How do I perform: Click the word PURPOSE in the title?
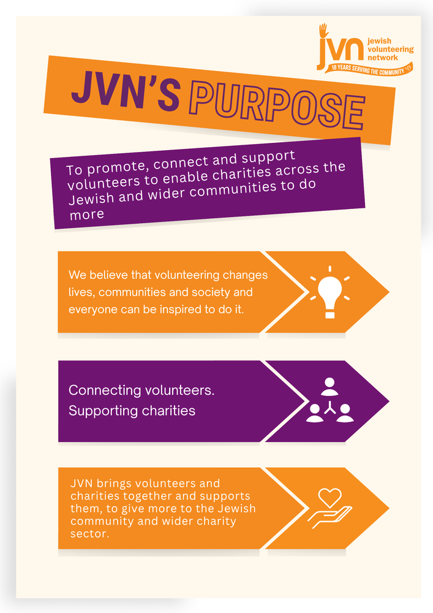pyautogui.click(x=277, y=104)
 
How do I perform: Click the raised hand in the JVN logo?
pyautogui.click(x=323, y=30)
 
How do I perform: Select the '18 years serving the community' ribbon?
pyautogui.click(x=369, y=69)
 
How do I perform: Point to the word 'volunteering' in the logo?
pyautogui.click(x=391, y=50)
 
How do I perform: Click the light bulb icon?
pyautogui.click(x=330, y=292)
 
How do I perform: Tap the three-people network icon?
pyautogui.click(x=330, y=400)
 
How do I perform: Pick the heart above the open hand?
pyautogui.click(x=330, y=497)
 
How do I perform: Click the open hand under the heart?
pyautogui.click(x=329, y=517)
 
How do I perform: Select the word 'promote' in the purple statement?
pyautogui.click(x=116, y=167)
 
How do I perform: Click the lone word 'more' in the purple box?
pyautogui.click(x=87, y=215)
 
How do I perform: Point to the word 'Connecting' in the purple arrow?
pyautogui.click(x=105, y=390)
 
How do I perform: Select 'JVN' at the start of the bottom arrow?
pyautogui.click(x=81, y=484)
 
